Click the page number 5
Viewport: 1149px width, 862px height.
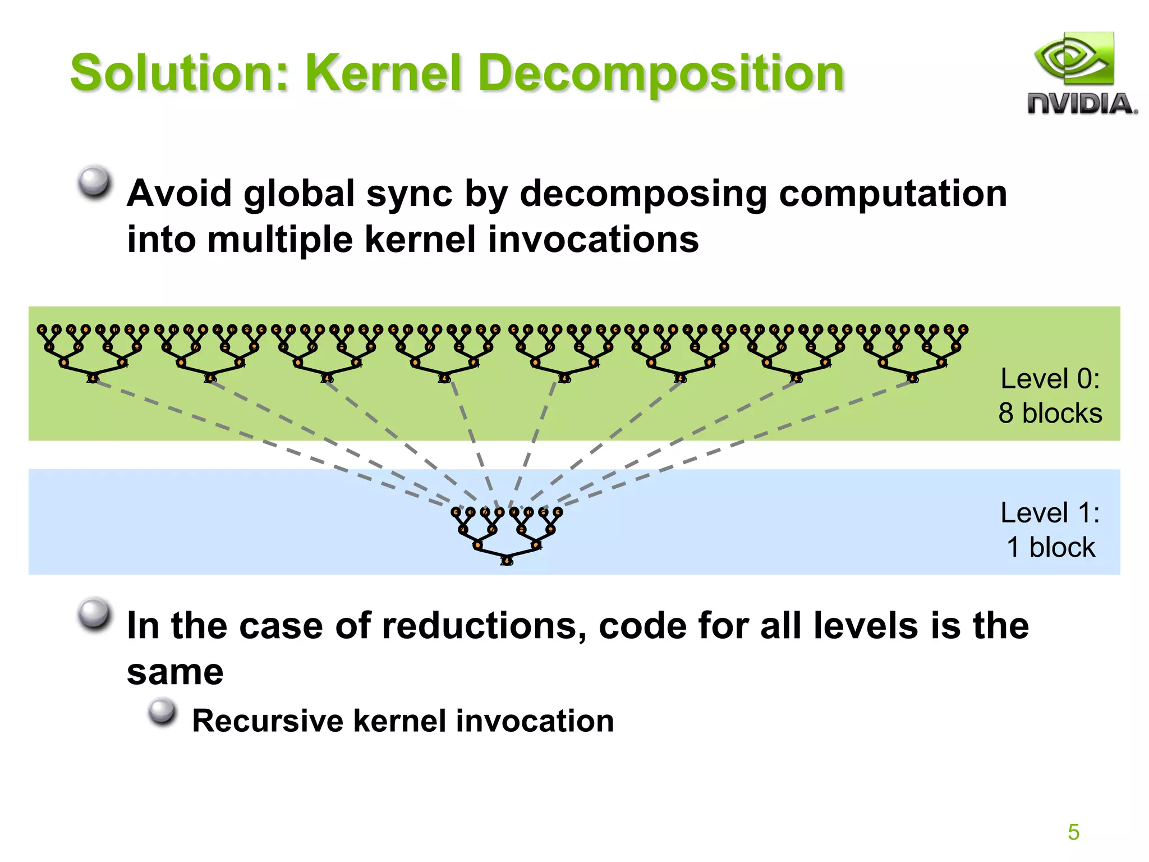[1073, 832]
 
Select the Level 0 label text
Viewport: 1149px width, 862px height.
[1050, 379]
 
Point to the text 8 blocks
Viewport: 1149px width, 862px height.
[1050, 413]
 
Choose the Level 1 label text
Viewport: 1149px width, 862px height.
[1050, 513]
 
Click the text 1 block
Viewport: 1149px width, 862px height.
[1050, 547]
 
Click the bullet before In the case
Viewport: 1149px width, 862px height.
[94, 613]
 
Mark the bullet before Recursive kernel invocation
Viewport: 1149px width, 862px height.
[163, 711]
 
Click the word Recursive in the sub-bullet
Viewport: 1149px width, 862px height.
[267, 721]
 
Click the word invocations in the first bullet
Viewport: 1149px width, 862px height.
[593, 240]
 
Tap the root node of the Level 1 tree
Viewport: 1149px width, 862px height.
[507, 560]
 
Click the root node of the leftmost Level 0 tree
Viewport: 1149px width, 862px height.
[93, 378]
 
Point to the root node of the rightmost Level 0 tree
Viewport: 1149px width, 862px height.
[913, 378]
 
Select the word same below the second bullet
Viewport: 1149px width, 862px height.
[175, 672]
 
